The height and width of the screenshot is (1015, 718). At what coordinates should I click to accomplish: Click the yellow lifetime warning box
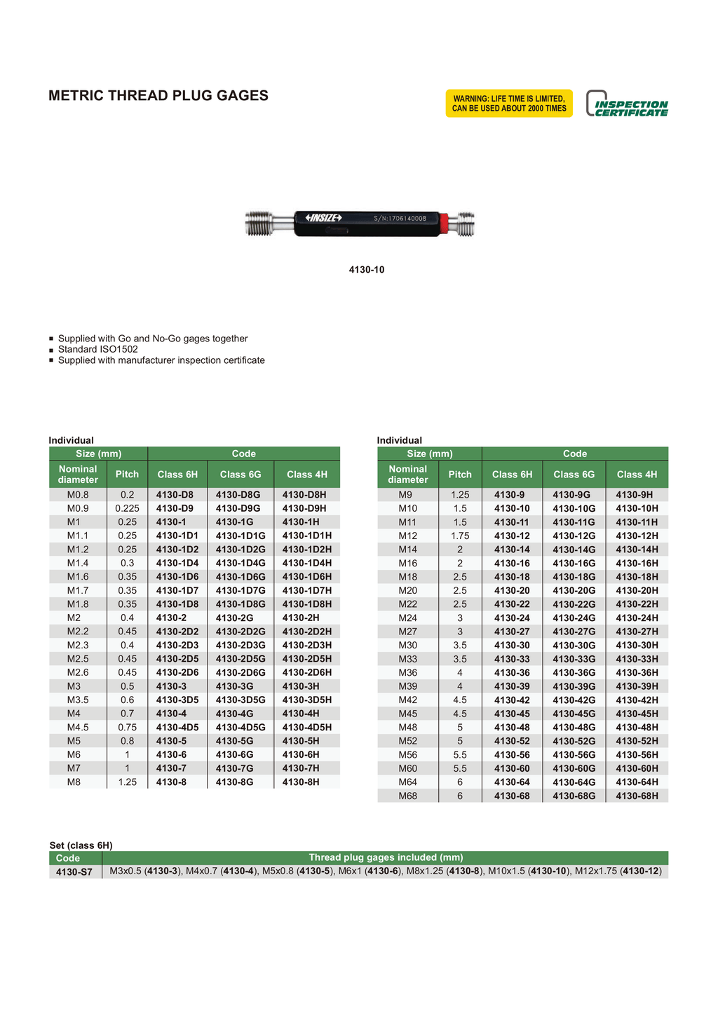509,104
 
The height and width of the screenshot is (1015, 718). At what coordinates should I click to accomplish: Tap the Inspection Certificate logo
627,104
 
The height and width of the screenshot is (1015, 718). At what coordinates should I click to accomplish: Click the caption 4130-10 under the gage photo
367,270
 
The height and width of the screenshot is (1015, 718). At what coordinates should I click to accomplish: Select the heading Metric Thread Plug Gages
158,96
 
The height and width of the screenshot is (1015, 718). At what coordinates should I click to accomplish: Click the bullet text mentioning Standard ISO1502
97,349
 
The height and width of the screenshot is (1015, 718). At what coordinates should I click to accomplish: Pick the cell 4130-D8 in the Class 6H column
175,495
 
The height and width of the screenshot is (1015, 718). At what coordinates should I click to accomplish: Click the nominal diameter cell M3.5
78,700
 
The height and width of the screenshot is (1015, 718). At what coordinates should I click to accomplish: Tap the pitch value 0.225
127,508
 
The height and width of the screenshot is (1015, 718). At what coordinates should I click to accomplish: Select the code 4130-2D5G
241,659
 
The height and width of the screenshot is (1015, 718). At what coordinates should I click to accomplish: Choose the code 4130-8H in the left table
301,782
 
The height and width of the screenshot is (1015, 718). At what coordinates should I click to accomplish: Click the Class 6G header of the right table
574,475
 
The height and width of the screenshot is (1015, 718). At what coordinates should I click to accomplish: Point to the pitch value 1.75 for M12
460,536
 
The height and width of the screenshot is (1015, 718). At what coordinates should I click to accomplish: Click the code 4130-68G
574,796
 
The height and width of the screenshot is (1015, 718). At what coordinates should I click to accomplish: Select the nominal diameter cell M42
407,700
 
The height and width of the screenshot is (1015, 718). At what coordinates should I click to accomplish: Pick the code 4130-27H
637,632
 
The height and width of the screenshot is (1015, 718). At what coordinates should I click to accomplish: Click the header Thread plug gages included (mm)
386,858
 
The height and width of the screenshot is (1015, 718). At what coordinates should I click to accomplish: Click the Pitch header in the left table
127,475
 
